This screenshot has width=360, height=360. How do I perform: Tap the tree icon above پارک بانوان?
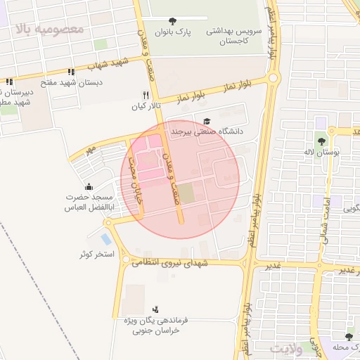pos(174,20)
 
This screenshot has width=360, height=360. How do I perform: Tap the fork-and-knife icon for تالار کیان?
pos(146,95)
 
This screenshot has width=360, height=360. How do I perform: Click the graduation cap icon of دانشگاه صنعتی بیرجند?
pos(206,121)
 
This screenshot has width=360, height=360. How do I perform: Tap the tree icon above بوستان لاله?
pos(330,131)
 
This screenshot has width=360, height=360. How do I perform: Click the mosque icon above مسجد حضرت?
pos(89,186)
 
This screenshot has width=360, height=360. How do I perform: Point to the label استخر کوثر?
pos(96,253)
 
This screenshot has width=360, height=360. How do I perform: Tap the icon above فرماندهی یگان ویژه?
pos(155,309)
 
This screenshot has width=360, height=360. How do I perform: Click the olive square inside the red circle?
pos(185,192)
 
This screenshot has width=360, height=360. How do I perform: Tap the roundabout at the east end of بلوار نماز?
pos(274,79)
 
